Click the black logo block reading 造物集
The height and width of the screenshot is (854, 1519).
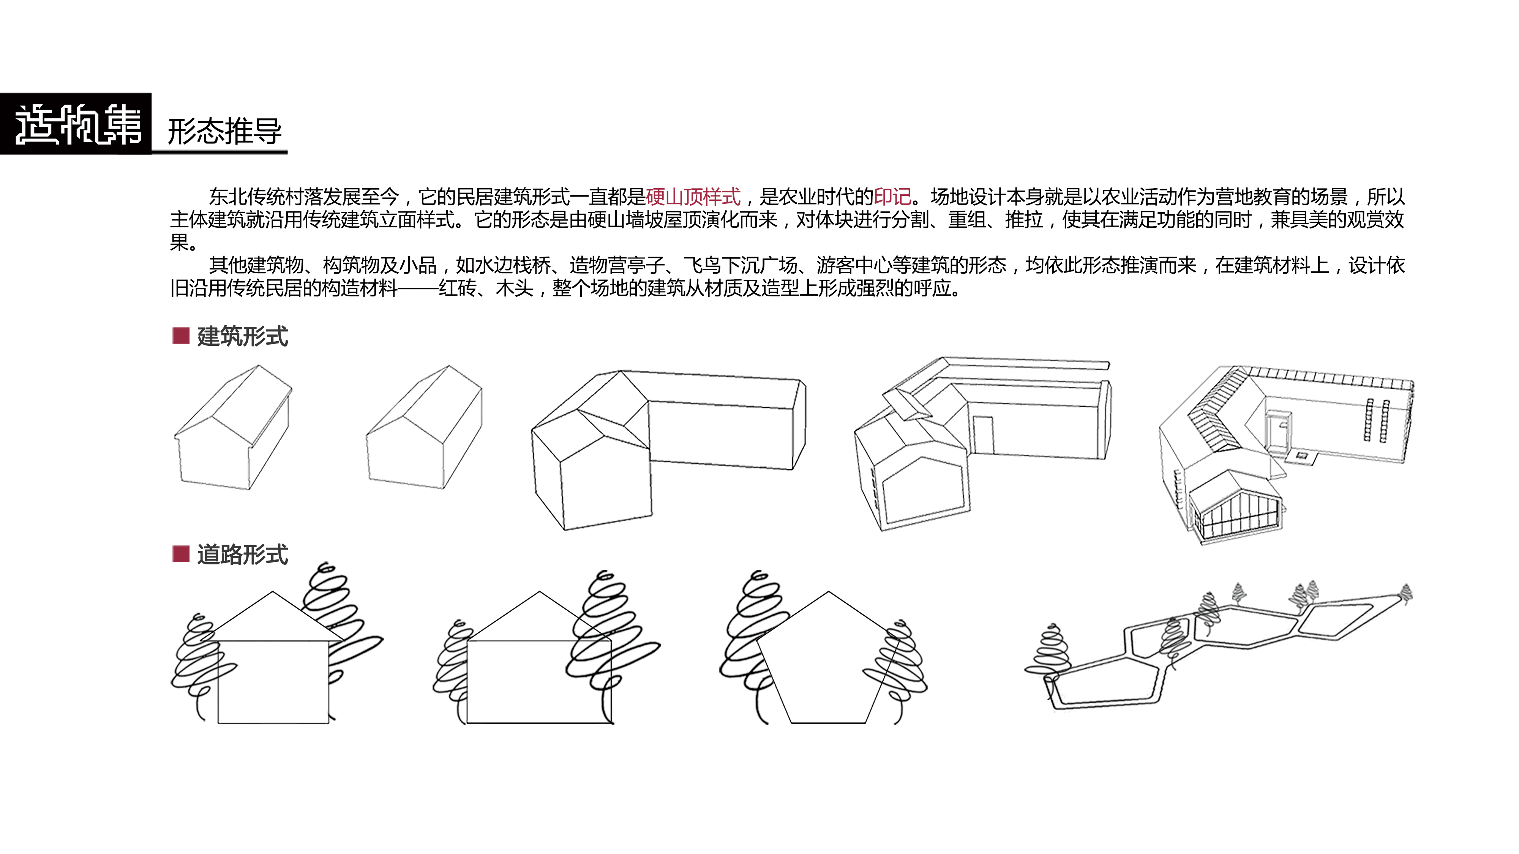point(76,124)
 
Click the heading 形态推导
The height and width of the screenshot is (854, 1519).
point(225,131)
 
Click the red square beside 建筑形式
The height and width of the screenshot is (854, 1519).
point(180,336)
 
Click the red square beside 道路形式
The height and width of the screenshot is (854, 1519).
point(180,554)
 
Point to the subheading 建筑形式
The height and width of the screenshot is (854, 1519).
point(242,337)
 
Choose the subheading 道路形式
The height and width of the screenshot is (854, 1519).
point(242,555)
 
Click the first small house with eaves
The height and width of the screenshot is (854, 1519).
point(233,427)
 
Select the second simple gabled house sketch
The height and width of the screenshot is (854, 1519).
point(424,427)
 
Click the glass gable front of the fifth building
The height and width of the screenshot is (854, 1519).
point(1235,513)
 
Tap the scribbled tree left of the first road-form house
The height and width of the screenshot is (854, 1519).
point(197,666)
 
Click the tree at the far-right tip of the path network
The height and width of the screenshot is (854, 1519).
point(1406,594)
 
